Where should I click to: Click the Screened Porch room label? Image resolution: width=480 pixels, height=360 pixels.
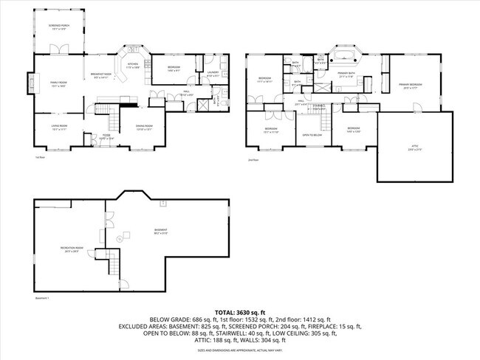(x=59, y=27)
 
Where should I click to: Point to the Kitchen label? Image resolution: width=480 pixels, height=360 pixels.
(x=132, y=66)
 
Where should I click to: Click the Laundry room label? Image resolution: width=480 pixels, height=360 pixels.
(x=213, y=74)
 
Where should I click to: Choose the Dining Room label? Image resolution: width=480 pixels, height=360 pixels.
(x=144, y=127)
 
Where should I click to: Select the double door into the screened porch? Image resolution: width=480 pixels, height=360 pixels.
(x=59, y=49)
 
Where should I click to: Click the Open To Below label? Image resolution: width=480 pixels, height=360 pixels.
(x=309, y=135)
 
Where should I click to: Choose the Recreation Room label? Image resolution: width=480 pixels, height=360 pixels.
(x=72, y=249)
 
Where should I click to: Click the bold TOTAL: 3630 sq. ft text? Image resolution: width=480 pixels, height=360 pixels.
(x=240, y=312)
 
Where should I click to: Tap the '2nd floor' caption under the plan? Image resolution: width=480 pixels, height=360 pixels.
(x=253, y=159)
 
